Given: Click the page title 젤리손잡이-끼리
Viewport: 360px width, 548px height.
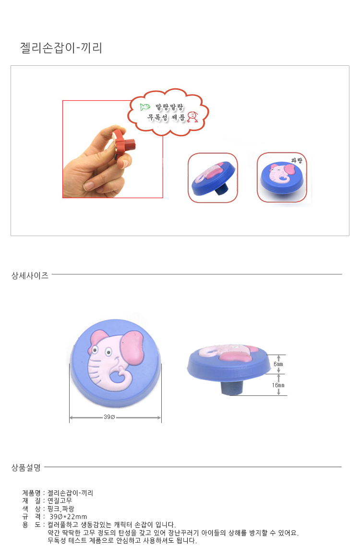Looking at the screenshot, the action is [x=61, y=48].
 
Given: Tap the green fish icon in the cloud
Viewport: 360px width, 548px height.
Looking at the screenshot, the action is [x=145, y=107].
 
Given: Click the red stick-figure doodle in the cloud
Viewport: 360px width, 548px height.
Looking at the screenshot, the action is [x=192, y=117].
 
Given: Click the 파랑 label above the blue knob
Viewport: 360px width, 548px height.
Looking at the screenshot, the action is [x=297, y=160].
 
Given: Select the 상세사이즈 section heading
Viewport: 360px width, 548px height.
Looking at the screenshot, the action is [x=30, y=275].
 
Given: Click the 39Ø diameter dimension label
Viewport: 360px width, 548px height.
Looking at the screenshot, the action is [x=109, y=417].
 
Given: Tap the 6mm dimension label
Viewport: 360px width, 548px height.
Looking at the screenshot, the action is [x=278, y=364].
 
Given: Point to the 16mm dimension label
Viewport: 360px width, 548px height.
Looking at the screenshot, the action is [x=278, y=385].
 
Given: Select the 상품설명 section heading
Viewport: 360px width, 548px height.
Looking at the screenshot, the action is [x=26, y=467].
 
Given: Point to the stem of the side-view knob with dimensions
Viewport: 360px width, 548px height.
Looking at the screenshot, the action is [x=232, y=387].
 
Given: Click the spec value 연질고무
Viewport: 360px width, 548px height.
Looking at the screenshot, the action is [x=60, y=501].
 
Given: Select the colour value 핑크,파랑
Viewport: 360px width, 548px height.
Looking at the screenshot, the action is [x=61, y=509].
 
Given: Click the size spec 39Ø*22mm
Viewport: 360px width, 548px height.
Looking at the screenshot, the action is [x=68, y=516].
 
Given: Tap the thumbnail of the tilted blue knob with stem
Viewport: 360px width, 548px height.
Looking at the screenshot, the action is [x=213, y=178].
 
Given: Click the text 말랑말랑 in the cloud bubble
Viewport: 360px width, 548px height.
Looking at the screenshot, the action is [x=169, y=107].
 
